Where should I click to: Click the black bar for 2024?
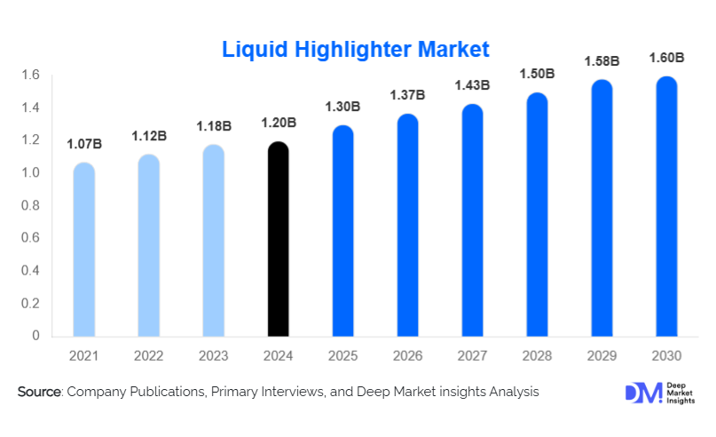click(279, 240)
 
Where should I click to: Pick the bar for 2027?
click(473, 221)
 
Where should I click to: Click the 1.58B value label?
click(602, 61)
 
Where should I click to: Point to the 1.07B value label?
click(83, 144)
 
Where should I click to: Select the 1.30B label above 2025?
click(343, 107)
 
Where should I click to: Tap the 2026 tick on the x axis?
click(408, 356)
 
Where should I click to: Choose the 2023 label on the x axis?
click(214, 356)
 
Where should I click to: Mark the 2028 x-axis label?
click(538, 356)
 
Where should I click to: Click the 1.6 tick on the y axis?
click(32, 75)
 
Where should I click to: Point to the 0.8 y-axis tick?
click(32, 205)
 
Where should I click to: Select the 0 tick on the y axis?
click(37, 336)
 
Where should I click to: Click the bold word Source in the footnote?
click(39, 392)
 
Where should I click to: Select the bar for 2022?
click(149, 246)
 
